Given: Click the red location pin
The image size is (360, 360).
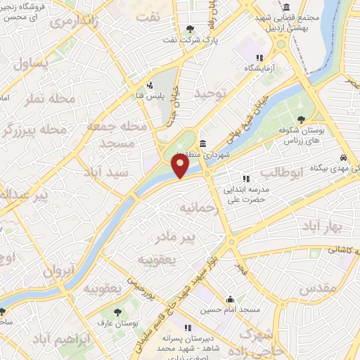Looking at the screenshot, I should pos(181,167).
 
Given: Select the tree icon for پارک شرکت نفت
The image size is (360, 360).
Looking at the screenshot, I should pos(190,29).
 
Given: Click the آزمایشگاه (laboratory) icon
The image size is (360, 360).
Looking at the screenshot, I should pos(259,58).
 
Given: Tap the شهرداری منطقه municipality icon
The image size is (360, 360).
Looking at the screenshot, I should pos(202,144).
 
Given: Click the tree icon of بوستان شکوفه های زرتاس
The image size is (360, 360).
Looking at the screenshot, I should pos(302,120).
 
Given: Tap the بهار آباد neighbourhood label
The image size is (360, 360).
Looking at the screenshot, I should pos(320,226).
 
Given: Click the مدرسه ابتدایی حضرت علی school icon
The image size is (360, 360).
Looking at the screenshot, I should pos(245,179).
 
